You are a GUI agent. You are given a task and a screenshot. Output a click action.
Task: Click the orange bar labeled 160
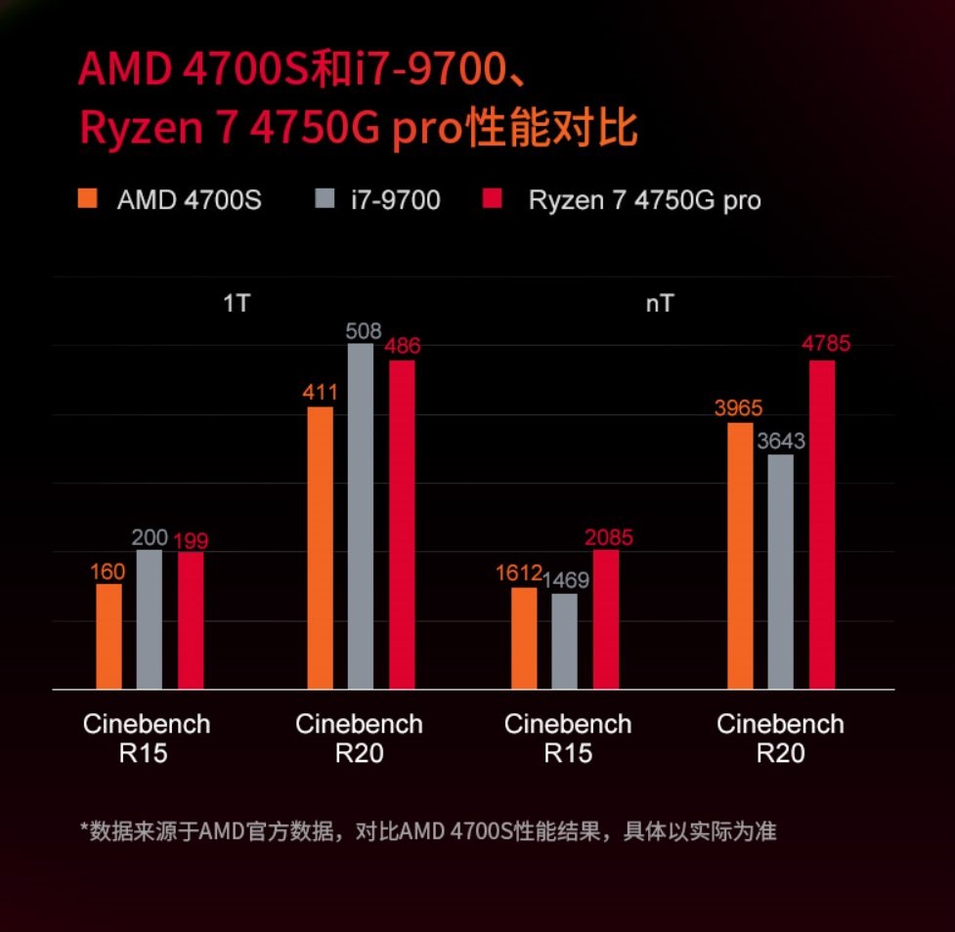coord(109,636)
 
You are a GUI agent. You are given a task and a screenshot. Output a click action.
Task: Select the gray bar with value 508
coord(361,516)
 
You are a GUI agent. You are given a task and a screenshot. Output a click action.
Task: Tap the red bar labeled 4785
coord(822,525)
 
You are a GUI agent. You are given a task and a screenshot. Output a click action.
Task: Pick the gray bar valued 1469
coord(564,641)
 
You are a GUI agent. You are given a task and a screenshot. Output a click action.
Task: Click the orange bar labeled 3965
coord(741,556)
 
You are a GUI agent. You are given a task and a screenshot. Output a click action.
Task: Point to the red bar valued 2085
coord(606,619)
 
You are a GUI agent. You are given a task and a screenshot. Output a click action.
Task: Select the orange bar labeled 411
coord(320,548)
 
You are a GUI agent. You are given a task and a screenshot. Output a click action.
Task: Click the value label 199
coord(191,540)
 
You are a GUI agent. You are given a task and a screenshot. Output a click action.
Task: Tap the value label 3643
coord(780,442)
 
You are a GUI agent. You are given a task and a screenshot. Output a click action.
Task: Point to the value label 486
coord(402,347)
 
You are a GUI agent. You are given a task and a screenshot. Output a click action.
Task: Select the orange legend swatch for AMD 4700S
coord(89,200)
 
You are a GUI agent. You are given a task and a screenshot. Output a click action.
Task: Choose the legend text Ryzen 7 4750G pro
coord(644,200)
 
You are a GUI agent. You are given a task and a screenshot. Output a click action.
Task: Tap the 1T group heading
coord(237,303)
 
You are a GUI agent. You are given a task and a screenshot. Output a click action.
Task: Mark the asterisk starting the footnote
coord(84,830)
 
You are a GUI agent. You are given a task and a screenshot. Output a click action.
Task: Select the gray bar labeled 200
coord(150,619)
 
